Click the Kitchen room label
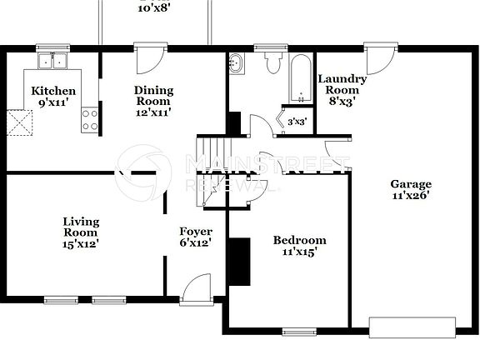point(53,96)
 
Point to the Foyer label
point(196,237)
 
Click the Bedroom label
point(295,246)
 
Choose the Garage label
point(411,190)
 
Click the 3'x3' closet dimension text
point(297,122)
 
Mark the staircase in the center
point(208,167)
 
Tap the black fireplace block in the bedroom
point(240,262)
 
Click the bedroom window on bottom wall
point(299,332)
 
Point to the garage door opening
point(412,326)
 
